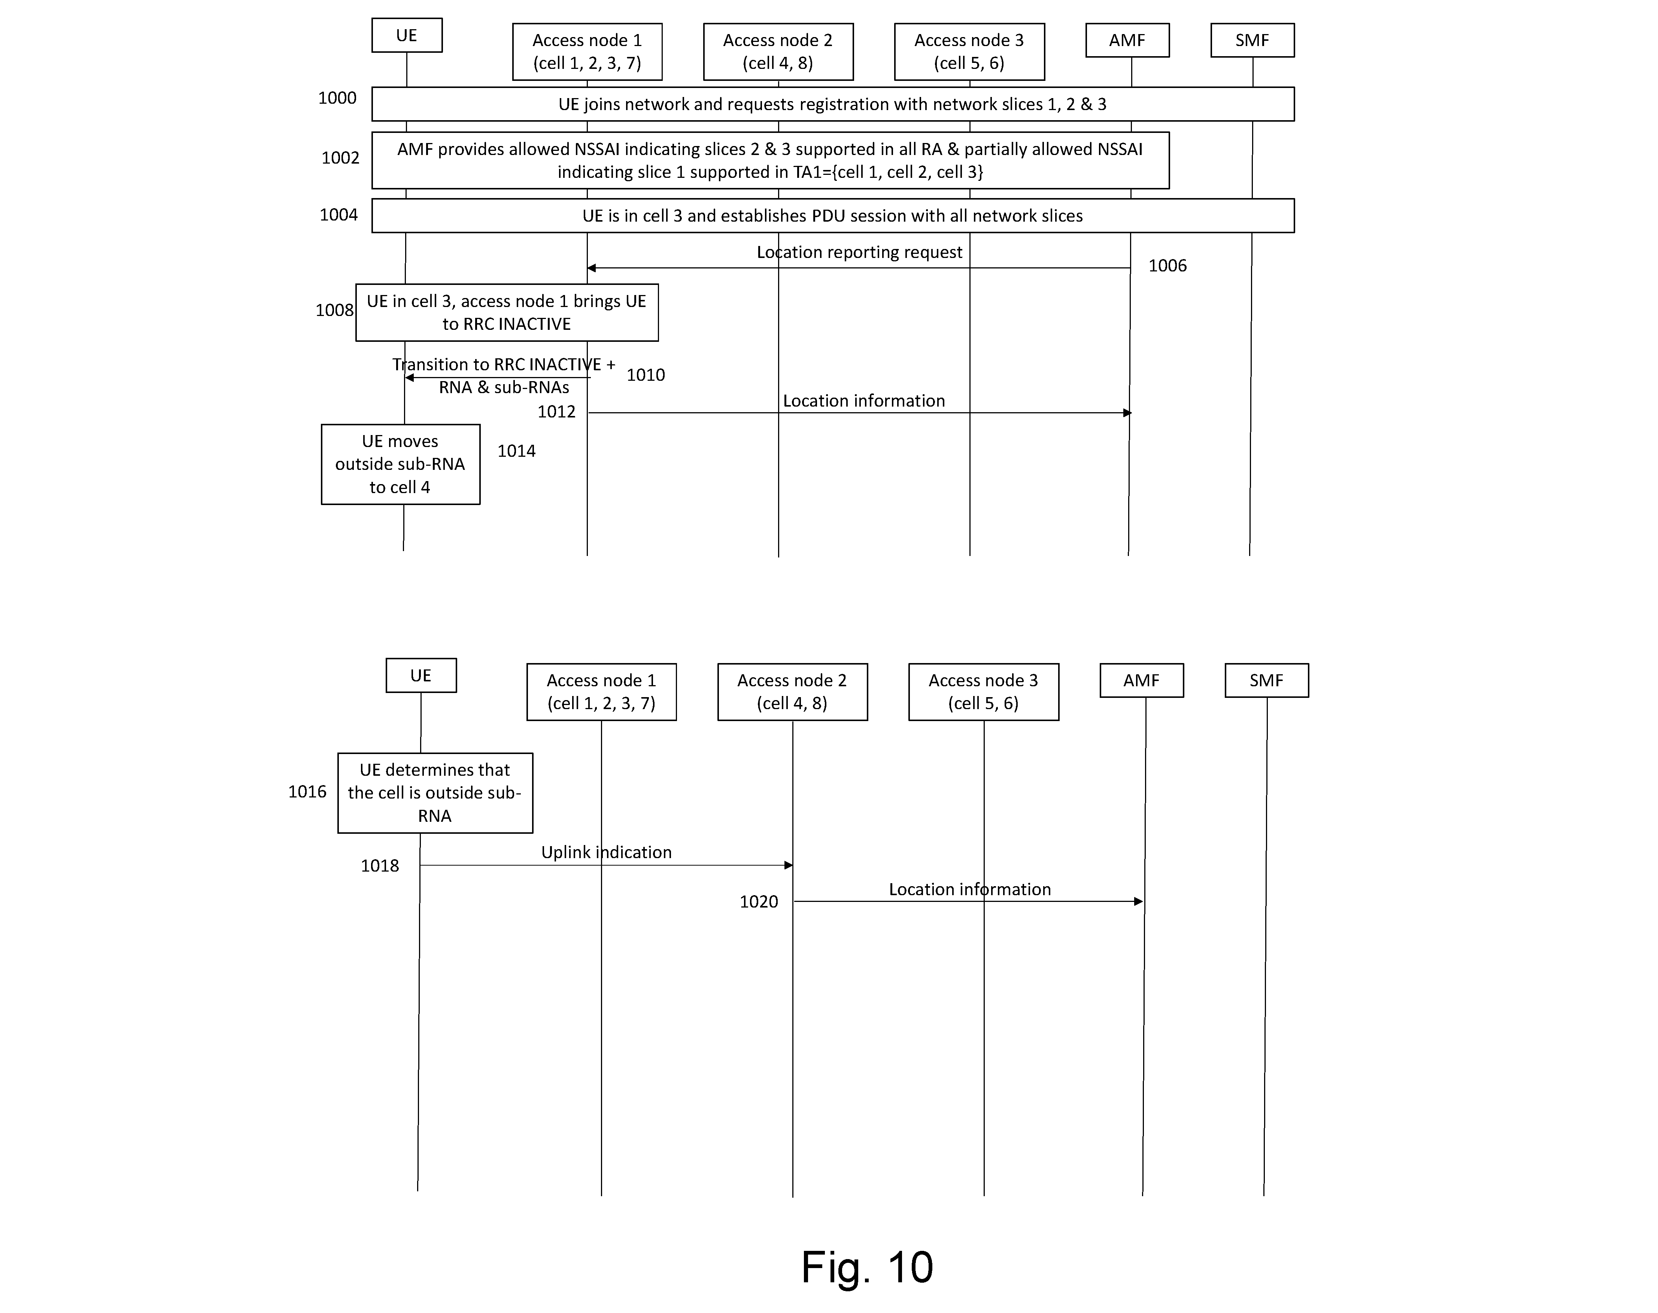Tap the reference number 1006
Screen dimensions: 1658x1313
point(1167,266)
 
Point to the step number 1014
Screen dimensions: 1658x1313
point(517,451)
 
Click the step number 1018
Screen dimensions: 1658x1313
point(380,866)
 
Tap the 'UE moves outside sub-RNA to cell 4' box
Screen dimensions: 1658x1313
point(401,464)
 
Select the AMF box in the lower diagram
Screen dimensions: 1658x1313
point(1141,680)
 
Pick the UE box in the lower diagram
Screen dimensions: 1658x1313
point(421,676)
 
